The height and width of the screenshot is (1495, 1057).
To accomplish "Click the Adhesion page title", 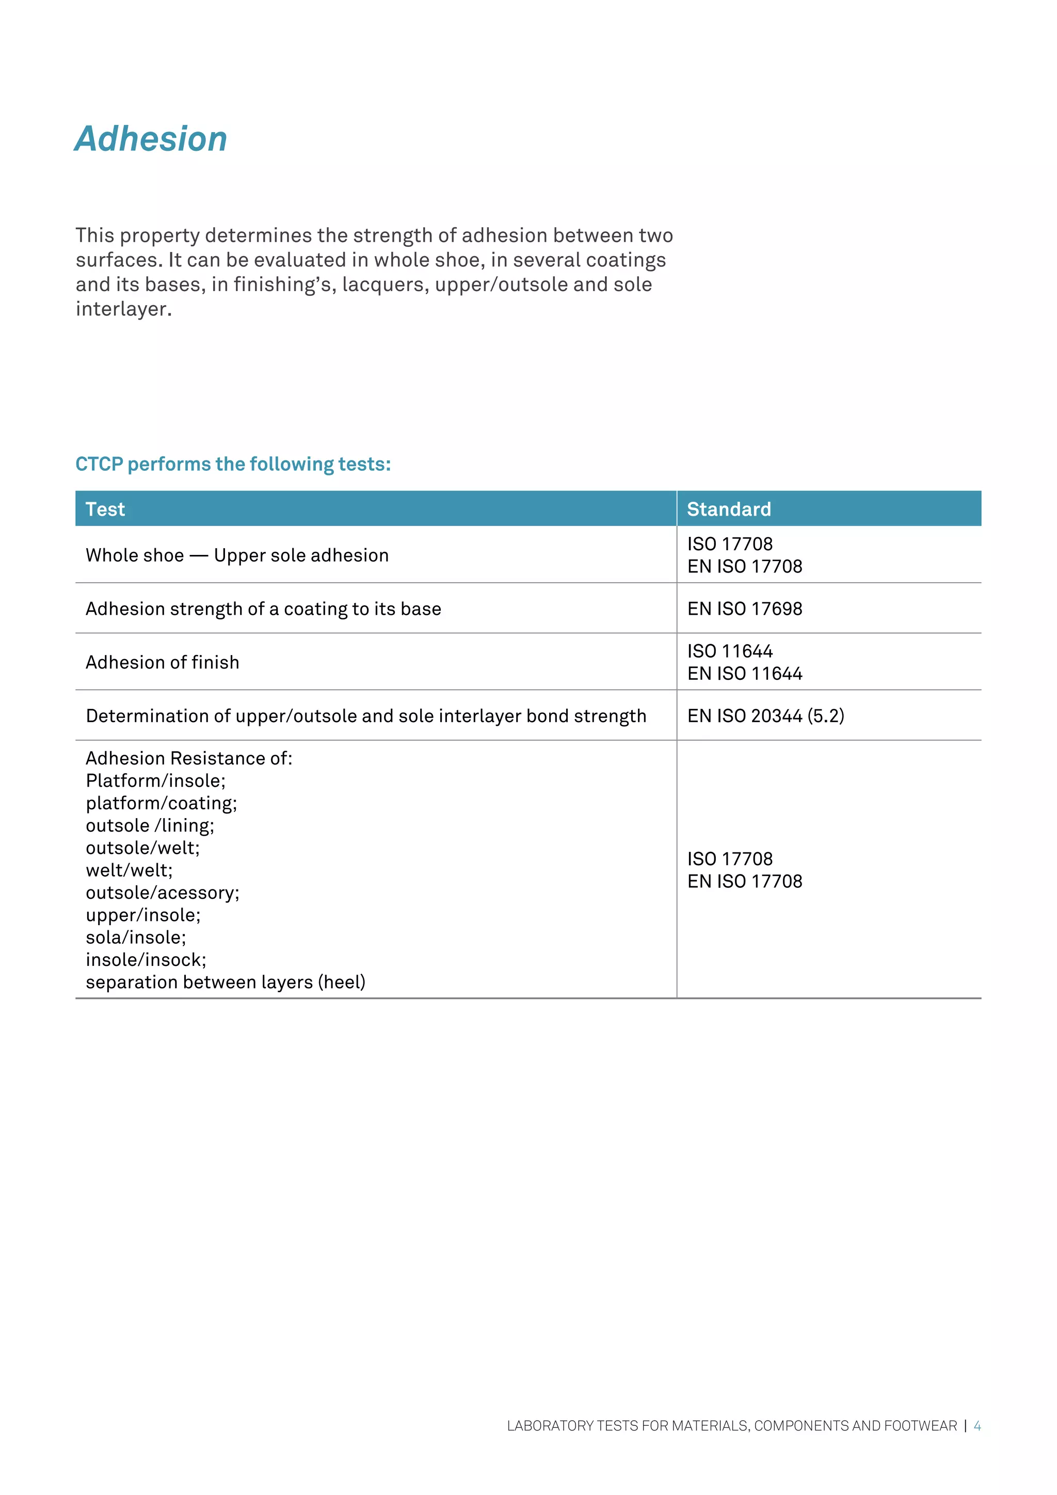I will [x=151, y=139].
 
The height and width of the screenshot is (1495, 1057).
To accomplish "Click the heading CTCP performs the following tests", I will [x=233, y=464].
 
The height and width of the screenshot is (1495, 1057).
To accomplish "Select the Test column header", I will [x=105, y=509].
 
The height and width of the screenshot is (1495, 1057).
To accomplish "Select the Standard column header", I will [x=729, y=509].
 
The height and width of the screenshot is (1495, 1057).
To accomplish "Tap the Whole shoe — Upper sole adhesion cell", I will [x=237, y=555].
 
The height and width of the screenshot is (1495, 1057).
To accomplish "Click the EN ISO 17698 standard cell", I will [x=745, y=609].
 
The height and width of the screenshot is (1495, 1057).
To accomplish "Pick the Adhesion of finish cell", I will [x=163, y=662].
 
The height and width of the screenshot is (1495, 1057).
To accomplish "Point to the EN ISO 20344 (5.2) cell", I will [x=765, y=715].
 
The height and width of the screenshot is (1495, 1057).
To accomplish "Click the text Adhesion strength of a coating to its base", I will [x=264, y=609].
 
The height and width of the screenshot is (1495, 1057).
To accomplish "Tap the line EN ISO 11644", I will [x=745, y=673].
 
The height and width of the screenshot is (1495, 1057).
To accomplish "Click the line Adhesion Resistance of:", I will [x=189, y=758].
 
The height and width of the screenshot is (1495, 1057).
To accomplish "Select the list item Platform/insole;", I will [x=155, y=781].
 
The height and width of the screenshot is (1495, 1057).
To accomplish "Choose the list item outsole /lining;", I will [x=150, y=825].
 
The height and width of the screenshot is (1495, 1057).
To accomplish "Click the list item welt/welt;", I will [x=130, y=870].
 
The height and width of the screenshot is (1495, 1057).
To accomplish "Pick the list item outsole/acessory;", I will [x=163, y=893].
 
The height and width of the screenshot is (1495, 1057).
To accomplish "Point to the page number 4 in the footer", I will [x=977, y=1426].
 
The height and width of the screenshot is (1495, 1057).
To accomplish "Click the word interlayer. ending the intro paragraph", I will [x=124, y=309].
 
